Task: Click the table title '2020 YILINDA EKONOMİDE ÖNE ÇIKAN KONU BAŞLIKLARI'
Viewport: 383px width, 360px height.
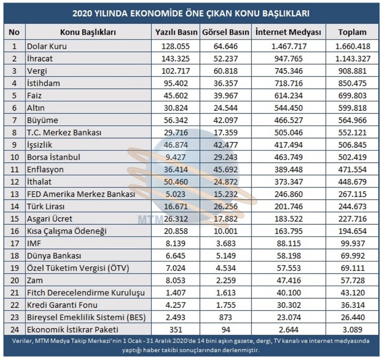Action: [191, 13]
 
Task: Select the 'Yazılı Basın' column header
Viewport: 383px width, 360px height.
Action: [176, 32]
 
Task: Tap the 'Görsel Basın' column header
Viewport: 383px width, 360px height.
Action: [226, 32]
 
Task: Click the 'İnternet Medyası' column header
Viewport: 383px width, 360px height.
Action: [288, 32]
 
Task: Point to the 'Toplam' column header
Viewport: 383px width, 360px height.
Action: [352, 32]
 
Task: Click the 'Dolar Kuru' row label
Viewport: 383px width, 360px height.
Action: [47, 46]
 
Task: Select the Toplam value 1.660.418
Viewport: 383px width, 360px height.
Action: [353, 46]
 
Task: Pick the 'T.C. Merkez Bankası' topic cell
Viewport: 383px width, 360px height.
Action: [64, 132]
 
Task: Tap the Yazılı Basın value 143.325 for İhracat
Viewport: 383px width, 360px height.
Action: [176, 59]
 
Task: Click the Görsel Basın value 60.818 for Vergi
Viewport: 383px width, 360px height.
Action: [226, 71]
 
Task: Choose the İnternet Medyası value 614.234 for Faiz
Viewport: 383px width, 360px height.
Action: [289, 95]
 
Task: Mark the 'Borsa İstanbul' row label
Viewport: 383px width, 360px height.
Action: [54, 157]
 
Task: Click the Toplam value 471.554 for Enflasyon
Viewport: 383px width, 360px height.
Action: [352, 170]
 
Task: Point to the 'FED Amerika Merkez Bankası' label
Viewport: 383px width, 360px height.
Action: [81, 194]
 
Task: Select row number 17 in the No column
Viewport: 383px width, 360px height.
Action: [14, 243]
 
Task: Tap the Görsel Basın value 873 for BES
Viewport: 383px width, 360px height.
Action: [226, 317]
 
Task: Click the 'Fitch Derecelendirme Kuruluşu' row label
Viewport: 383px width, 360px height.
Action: [86, 293]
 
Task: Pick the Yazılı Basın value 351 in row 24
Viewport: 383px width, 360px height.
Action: [176, 330]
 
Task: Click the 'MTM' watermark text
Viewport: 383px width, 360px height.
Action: [151, 219]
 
